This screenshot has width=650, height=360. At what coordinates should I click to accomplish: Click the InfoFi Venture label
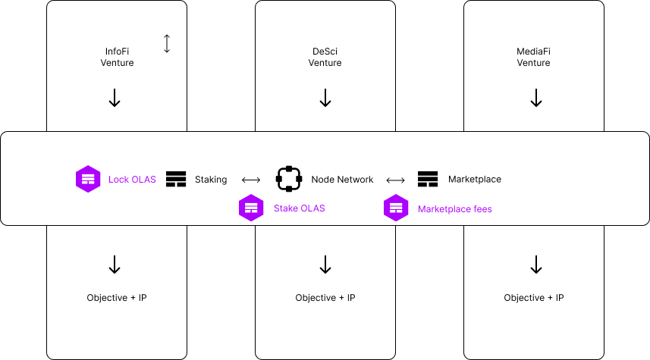pyautogui.click(x=117, y=57)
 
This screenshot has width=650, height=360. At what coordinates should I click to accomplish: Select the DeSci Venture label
pyautogui.click(x=325, y=57)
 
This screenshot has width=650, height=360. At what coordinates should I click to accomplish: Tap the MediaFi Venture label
pyautogui.click(x=533, y=57)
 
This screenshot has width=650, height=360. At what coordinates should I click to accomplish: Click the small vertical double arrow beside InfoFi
pyautogui.click(x=167, y=44)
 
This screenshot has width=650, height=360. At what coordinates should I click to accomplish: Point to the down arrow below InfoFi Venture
pyautogui.click(x=115, y=98)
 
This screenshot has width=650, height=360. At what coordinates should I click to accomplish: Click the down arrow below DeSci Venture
pyautogui.click(x=325, y=98)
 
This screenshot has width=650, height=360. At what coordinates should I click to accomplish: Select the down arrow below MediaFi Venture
pyautogui.click(x=536, y=98)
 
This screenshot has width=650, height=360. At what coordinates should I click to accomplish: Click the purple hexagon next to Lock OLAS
pyautogui.click(x=89, y=179)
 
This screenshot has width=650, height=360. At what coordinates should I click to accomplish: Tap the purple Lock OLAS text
pyautogui.click(x=132, y=180)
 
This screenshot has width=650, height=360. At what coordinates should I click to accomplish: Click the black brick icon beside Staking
pyautogui.click(x=176, y=179)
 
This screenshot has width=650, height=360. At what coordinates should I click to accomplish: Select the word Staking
pyautogui.click(x=211, y=180)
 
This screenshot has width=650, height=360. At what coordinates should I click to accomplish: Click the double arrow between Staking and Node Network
pyautogui.click(x=250, y=180)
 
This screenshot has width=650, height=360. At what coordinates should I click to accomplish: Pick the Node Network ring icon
pyautogui.click(x=289, y=179)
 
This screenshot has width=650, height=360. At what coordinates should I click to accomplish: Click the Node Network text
pyautogui.click(x=342, y=180)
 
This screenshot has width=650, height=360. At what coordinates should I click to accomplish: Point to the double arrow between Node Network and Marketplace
pyautogui.click(x=395, y=180)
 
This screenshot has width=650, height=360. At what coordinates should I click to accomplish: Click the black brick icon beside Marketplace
pyautogui.click(x=428, y=179)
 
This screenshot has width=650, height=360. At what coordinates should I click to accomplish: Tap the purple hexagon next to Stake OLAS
pyautogui.click(x=251, y=208)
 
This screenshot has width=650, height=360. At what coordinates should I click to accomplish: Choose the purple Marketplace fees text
pyautogui.click(x=454, y=208)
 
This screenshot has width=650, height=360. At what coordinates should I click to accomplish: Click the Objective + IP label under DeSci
pyautogui.click(x=325, y=298)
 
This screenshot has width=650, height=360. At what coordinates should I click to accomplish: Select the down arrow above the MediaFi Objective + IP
pyautogui.click(x=536, y=265)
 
